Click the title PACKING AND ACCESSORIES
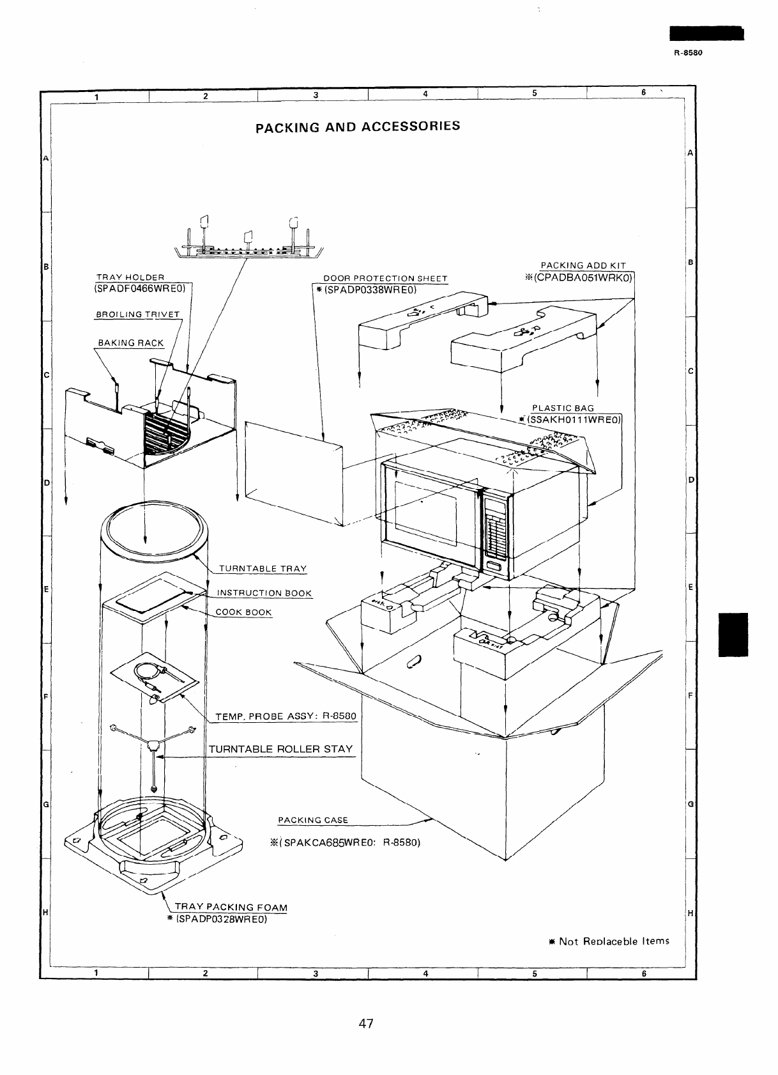click(357, 126)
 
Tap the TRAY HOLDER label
click(130, 277)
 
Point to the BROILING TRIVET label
click(138, 314)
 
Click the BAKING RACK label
click(131, 343)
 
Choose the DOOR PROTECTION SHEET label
click(385, 279)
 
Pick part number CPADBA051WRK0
click(583, 277)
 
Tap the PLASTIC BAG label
click(563, 408)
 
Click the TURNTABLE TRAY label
click(263, 568)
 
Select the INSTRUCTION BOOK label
click(264, 593)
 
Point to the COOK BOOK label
click(243, 612)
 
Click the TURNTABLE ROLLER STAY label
click(280, 748)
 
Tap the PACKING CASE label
click(313, 820)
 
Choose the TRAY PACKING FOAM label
click(231, 908)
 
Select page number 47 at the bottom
click(365, 1023)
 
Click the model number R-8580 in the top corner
click(688, 53)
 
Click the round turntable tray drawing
click(156, 528)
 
